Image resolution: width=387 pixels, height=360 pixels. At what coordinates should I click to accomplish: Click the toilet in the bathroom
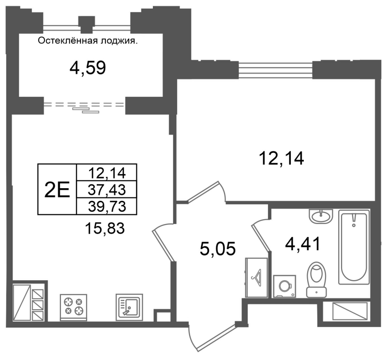316,280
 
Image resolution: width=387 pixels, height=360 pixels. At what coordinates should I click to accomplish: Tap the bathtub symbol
354,247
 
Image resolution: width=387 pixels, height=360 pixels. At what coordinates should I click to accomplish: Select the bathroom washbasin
321,216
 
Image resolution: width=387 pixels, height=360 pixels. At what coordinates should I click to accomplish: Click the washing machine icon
285,286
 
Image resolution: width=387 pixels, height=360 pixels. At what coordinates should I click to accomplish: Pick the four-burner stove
74,307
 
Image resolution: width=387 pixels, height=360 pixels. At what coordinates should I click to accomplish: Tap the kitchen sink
129,306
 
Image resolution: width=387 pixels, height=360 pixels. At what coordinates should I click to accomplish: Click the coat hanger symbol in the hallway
257,278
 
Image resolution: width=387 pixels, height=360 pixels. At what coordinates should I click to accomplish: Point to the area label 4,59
88,68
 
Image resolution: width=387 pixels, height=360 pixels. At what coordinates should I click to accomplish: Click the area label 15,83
104,228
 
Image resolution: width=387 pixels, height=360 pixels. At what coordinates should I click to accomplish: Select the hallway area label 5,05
218,249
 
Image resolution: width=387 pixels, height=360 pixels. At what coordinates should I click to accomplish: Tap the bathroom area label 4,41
303,243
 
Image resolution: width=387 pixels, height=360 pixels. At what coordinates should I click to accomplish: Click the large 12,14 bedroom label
281,158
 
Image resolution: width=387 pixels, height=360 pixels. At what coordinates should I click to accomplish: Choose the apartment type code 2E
57,190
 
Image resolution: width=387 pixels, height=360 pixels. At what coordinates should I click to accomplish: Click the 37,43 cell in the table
107,190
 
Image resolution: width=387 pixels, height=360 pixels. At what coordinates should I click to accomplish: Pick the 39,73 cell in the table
107,206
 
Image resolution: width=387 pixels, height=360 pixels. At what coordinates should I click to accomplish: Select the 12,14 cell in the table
107,173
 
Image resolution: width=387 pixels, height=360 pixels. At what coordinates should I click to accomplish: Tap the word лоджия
118,41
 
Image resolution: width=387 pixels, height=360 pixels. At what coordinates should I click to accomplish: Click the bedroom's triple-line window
275,70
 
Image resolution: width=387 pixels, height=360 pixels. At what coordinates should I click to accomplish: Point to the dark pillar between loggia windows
87,25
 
